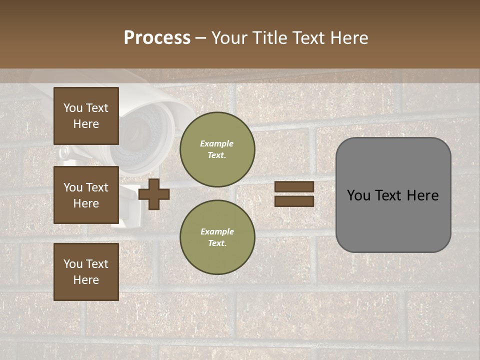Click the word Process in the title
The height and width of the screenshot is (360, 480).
coord(157,38)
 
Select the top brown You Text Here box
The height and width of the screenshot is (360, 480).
coord(86,116)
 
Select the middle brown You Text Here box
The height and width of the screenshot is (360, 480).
coord(86,195)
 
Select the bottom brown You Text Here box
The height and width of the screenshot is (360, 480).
coord(86,271)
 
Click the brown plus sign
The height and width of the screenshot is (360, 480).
coord(154,194)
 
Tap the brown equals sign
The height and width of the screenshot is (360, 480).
coord(294,194)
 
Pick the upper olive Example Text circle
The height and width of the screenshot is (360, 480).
coord(217,149)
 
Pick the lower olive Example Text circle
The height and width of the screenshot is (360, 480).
coord(217,237)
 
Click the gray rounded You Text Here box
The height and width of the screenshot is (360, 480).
coord(393,195)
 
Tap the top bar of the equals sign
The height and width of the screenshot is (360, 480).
coord(294,186)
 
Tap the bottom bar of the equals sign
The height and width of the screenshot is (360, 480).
coord(294,201)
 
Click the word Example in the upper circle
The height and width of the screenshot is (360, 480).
coord(217,143)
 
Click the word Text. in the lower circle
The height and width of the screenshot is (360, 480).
coord(217,243)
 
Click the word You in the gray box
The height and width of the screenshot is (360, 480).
coord(359,195)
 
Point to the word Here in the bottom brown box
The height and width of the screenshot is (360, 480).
coord(86,280)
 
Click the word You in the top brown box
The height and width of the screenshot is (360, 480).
coord(73,108)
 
